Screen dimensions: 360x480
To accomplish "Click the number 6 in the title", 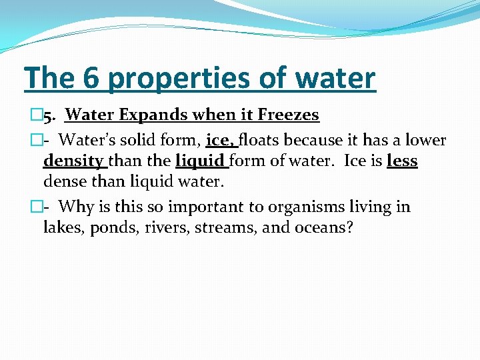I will [93, 78].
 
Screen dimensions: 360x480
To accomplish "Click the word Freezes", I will [287, 115].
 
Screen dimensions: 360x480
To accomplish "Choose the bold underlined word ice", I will [220, 141].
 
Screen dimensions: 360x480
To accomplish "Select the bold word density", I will [73, 161].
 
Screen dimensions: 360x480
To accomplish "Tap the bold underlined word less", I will [402, 161].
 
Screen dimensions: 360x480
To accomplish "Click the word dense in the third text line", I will [63, 181].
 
